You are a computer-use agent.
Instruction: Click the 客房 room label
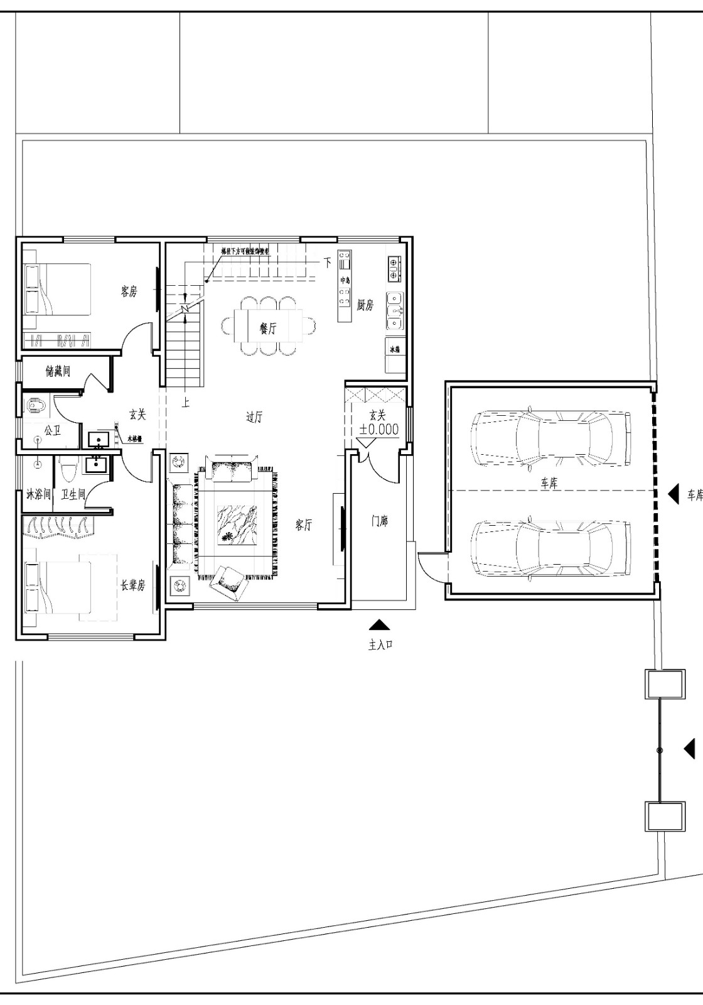click(x=129, y=291)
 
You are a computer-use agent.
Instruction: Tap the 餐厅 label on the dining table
click(x=268, y=327)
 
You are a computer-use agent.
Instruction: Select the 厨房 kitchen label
click(x=365, y=305)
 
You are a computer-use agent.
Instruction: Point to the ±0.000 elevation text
click(x=378, y=430)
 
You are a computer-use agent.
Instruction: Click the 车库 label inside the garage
click(x=549, y=484)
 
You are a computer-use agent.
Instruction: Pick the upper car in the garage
click(x=550, y=438)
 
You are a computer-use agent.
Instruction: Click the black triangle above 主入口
click(x=379, y=624)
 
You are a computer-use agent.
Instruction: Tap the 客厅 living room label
click(x=304, y=525)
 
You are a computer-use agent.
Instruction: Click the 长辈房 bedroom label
click(x=132, y=585)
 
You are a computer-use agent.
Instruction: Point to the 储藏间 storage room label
click(x=58, y=371)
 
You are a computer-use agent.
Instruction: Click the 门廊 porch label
click(x=379, y=521)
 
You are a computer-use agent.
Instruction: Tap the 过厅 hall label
click(x=254, y=417)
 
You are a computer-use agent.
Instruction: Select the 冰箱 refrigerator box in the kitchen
click(x=395, y=349)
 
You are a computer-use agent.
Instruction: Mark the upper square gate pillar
click(x=665, y=684)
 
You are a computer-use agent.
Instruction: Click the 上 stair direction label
click(x=186, y=403)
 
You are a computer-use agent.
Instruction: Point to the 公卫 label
click(x=52, y=430)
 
